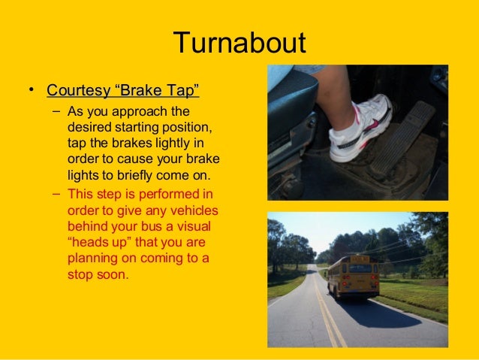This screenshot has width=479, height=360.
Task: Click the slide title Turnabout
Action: click(239, 43)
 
